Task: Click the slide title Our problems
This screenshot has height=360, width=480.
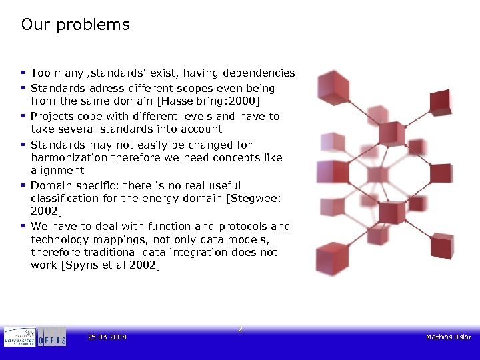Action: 75,25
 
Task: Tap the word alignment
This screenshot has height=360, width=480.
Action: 57,171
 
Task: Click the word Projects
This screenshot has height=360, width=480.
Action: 53,116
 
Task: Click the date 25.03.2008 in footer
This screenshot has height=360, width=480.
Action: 107,337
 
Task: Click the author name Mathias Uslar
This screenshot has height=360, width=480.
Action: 448,337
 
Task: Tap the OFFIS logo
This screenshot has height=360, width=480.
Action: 52,337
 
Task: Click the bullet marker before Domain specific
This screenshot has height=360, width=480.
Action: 23,185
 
